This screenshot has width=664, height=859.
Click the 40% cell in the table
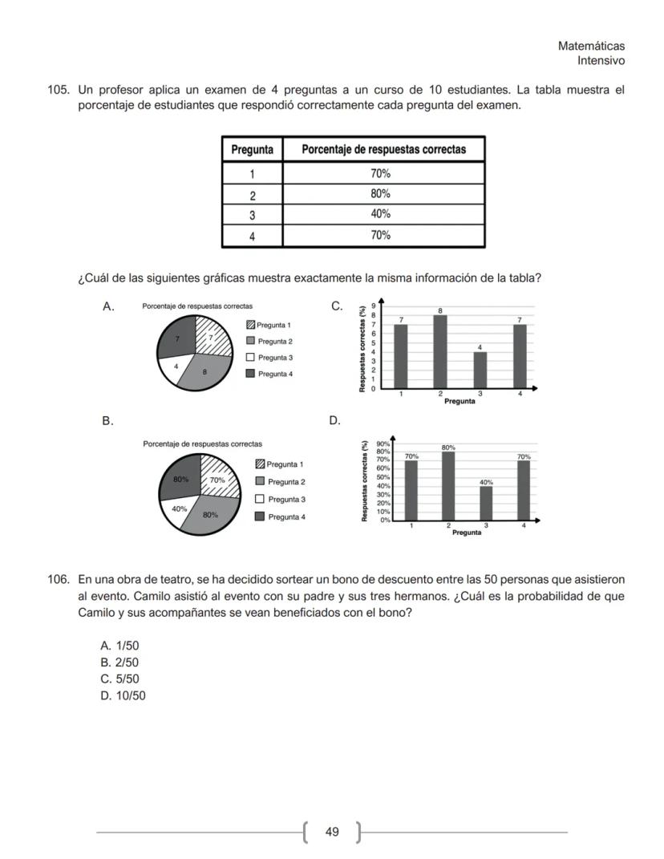[381, 214]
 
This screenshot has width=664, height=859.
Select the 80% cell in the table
[381, 193]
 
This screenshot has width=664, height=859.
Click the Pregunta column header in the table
[252, 149]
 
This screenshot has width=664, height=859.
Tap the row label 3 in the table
[252, 214]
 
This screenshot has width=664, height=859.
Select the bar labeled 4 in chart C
[480, 370]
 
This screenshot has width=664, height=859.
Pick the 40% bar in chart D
[486, 503]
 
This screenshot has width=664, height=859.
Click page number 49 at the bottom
[332, 832]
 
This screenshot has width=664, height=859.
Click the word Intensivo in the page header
[601, 61]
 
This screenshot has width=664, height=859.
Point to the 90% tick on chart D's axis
[383, 444]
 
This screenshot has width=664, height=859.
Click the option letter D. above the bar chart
[335, 420]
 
